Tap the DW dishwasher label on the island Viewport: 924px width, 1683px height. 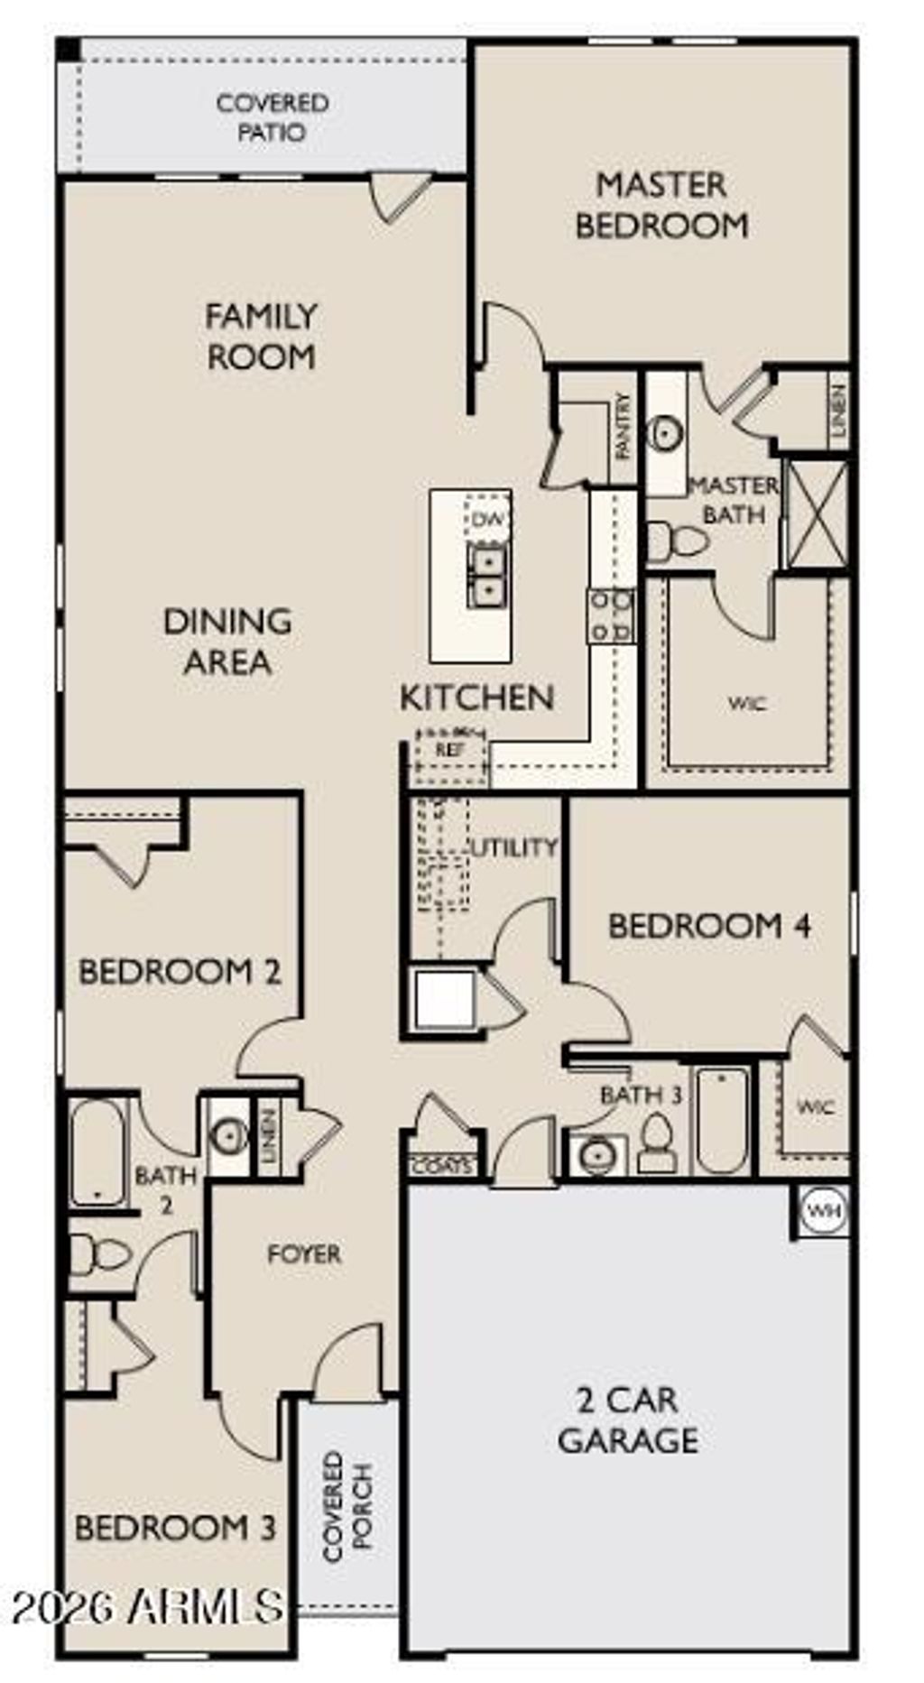[x=487, y=520]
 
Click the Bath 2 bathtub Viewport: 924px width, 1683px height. [x=97, y=1151]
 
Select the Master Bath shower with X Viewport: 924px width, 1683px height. [x=817, y=514]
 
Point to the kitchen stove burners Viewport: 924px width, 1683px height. [x=612, y=615]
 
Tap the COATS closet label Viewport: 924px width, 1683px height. [x=442, y=1166]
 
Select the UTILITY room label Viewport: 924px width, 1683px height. [x=514, y=847]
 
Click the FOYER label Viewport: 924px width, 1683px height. [x=304, y=1253]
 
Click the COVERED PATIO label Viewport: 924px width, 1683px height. [x=272, y=117]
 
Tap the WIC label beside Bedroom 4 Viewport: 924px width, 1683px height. [x=815, y=1106]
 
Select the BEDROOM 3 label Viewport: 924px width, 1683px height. [x=175, y=1528]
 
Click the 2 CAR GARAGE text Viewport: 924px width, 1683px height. [x=628, y=1419]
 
